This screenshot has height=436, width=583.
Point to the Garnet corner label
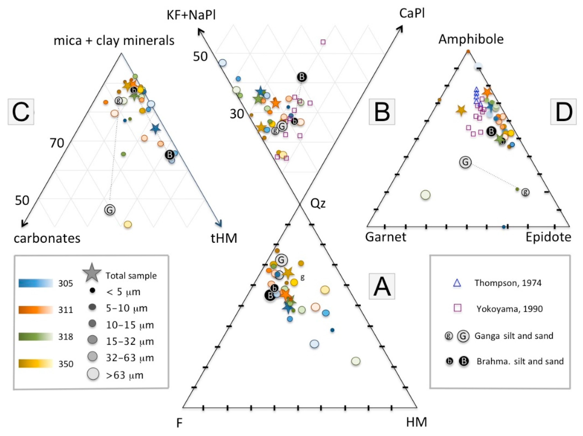click(386, 237)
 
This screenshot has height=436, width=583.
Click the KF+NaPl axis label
click(191, 15)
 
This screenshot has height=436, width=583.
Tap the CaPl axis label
click(412, 13)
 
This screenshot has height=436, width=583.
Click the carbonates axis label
click(47, 238)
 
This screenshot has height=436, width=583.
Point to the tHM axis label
click(224, 238)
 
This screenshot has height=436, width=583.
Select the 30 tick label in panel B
click(237, 114)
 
